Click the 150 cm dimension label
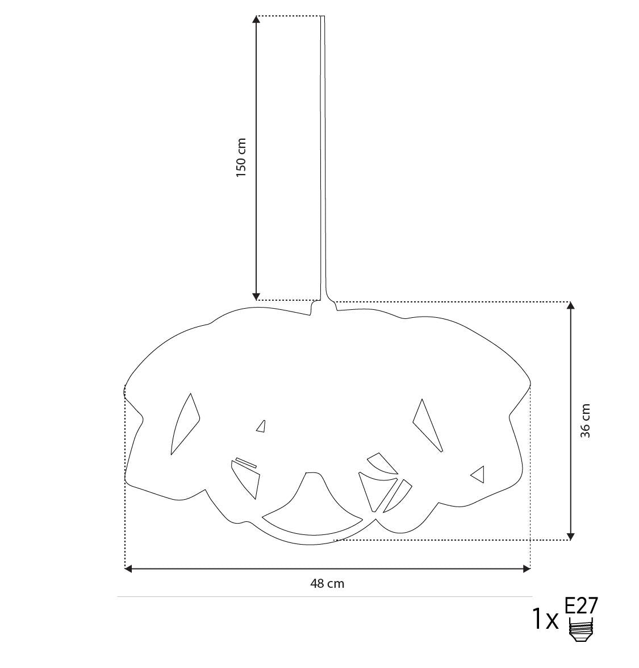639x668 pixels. (x=241, y=157)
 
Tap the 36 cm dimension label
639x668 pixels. (x=586, y=421)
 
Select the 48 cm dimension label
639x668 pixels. (x=327, y=583)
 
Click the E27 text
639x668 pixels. (x=581, y=605)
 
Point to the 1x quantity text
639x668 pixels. (x=545, y=620)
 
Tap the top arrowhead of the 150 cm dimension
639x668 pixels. (x=256, y=19)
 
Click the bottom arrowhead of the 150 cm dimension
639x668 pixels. (x=256, y=297)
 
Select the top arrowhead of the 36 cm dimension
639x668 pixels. (x=571, y=305)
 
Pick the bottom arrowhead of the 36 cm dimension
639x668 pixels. (x=571, y=536)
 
